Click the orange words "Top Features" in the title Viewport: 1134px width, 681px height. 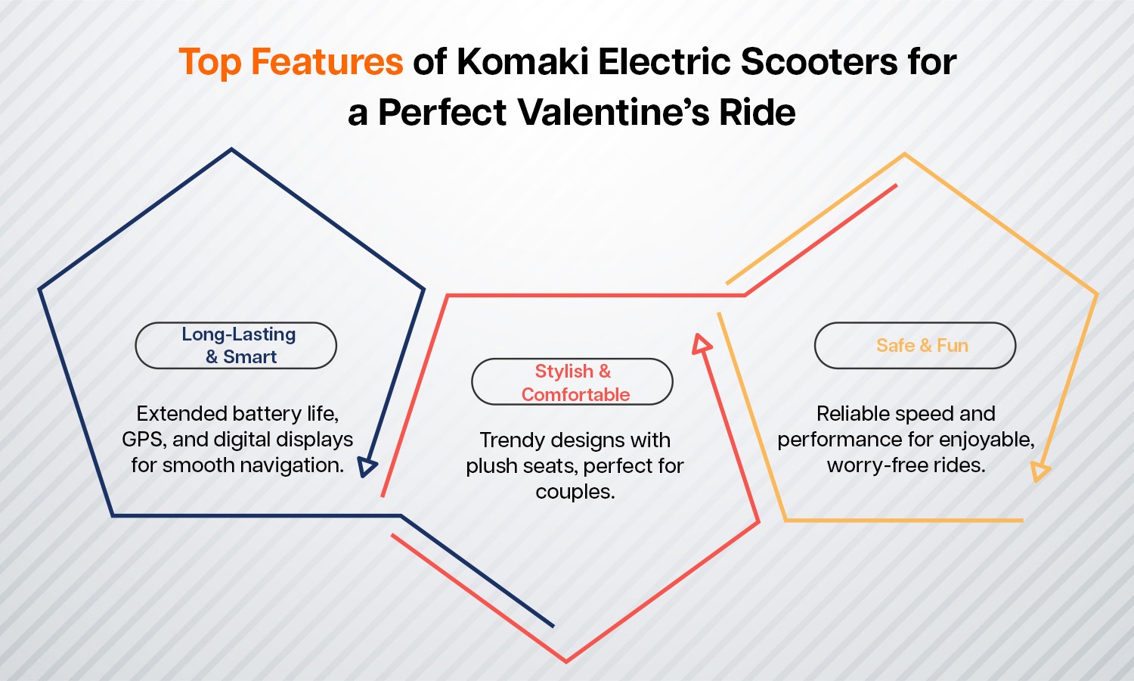pos(291,62)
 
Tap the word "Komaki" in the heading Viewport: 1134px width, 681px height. pos(522,61)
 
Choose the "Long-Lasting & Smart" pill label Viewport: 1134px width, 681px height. pos(236,345)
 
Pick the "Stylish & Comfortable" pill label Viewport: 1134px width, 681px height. pos(572,382)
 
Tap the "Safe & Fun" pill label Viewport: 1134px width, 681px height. pos(916,345)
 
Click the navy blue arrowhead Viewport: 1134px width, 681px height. pos(367,466)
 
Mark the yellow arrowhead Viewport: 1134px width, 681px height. pos(1039,471)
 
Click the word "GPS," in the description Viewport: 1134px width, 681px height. pos(144,440)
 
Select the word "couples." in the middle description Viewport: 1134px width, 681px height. pos(575,492)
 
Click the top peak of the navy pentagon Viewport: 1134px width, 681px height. pos(231,149)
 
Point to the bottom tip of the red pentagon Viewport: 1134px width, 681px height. pos(566,661)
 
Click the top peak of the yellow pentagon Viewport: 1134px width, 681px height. pos(905,154)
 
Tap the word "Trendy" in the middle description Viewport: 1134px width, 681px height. pos(511,440)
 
